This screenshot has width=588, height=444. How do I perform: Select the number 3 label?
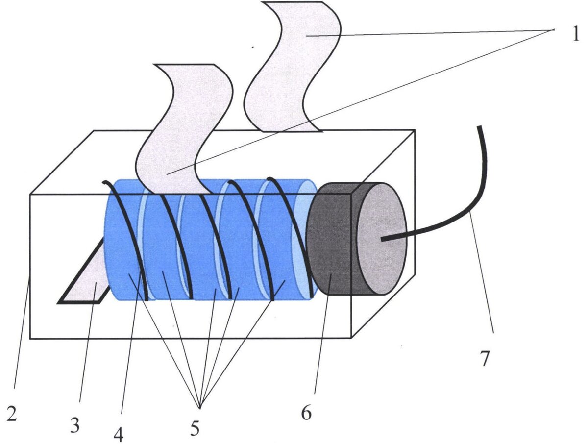point(75,426)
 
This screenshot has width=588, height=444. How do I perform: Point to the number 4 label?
point(119,433)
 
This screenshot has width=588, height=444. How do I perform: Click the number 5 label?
point(195,428)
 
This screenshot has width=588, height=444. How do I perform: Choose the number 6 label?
point(306,413)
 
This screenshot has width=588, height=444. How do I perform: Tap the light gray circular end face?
point(382,238)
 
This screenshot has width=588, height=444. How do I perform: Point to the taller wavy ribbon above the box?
point(293,67)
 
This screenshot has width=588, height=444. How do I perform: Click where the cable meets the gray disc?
point(382,239)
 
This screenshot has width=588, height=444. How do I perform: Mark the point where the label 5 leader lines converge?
point(199,408)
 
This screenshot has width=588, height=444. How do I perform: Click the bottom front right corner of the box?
point(351,338)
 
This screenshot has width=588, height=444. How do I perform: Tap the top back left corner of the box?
point(94,131)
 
